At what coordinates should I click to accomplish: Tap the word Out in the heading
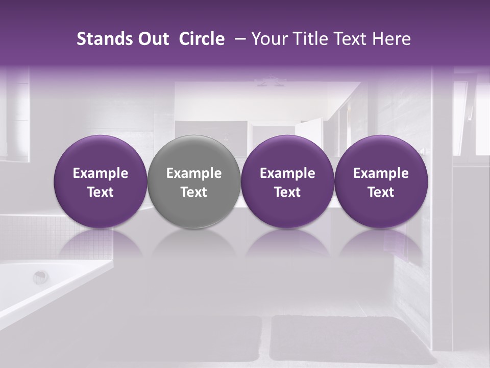coord(152,39)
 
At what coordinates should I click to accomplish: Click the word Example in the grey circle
coord(194,173)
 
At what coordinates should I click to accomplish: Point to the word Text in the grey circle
coord(194,192)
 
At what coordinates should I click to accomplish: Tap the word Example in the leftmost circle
coord(101,173)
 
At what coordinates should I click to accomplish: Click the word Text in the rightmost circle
coord(381,192)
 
